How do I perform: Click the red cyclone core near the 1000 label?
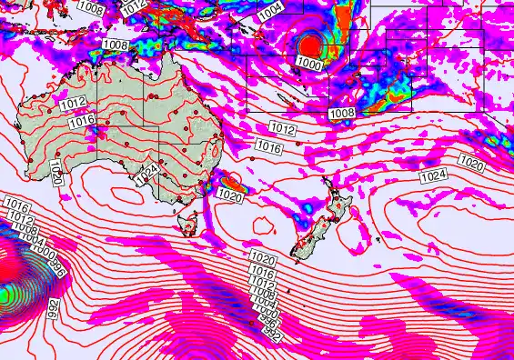click(311, 45)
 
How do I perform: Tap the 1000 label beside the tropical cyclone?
click(309, 65)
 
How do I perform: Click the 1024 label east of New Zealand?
click(434, 174)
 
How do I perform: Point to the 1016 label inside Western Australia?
click(82, 119)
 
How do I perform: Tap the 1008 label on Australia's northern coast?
click(116, 45)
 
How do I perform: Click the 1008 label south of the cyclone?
click(342, 113)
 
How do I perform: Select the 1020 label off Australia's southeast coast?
click(231, 195)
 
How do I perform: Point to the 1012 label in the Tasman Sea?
click(283, 129)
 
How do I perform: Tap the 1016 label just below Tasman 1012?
click(268, 145)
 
